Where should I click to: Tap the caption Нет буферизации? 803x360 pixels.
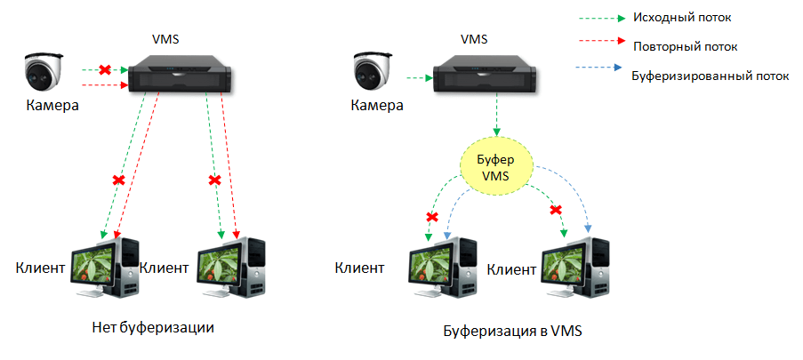pyautogui.click(x=155, y=326)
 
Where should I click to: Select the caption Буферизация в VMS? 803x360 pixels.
pyautogui.click(x=511, y=332)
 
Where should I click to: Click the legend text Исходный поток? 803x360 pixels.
pyautogui.click(x=681, y=17)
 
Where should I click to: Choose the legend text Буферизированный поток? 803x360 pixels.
pyautogui.click(x=710, y=76)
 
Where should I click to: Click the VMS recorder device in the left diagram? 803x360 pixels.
pyautogui.click(x=181, y=74)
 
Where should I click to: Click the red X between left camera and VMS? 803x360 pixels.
pyautogui.click(x=104, y=69)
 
